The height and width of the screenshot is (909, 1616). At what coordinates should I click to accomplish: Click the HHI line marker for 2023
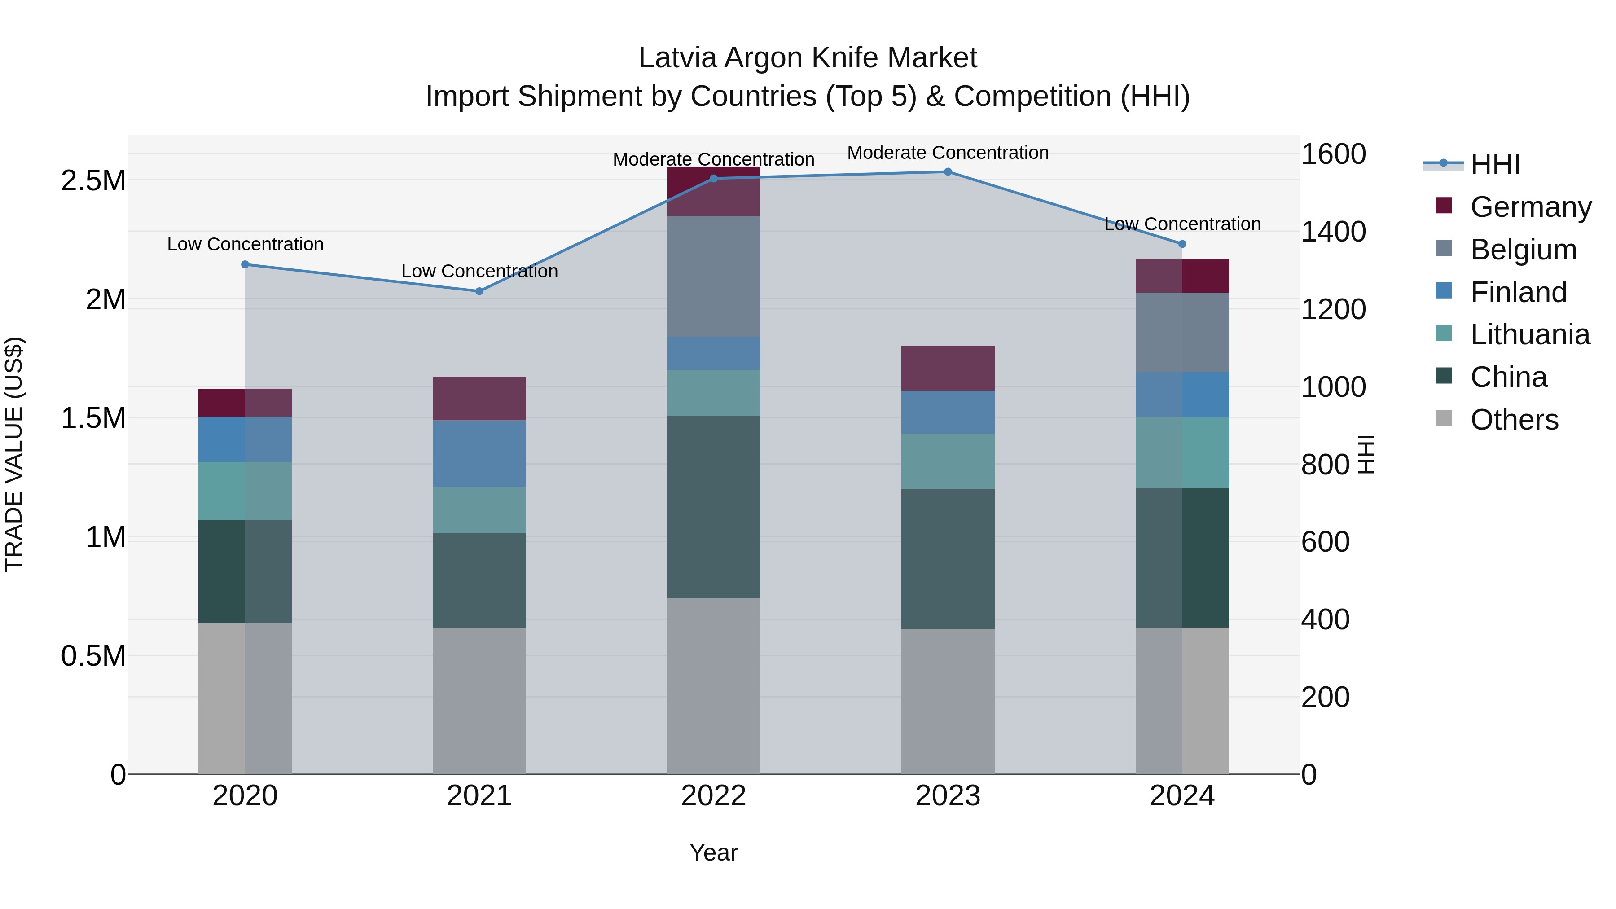coord(948,172)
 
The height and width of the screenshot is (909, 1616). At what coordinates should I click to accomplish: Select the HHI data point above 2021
coord(479,291)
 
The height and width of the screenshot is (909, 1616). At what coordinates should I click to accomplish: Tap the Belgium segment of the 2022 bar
coord(713,277)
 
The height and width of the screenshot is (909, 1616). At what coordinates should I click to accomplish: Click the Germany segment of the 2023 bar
coord(948,368)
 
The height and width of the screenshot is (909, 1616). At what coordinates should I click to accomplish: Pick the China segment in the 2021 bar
coord(479,581)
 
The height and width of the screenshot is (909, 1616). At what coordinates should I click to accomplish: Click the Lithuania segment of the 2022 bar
coord(713,393)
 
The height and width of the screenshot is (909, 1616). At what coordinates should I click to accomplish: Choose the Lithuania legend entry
coord(1529,334)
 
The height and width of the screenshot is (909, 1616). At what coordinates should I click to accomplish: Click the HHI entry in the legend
coord(1494,164)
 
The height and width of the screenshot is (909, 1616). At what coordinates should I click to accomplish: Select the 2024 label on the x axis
coord(1182,796)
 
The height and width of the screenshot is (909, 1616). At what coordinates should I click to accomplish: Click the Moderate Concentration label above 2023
coord(948,153)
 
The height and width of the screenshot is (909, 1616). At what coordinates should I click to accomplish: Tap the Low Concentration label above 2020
coord(245,244)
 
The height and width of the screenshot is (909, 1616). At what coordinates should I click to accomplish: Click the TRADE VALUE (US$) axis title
coord(14,454)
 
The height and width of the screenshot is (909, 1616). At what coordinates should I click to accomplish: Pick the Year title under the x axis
coord(713,852)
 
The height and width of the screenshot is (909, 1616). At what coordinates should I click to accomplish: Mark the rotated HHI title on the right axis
coord(1366,454)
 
